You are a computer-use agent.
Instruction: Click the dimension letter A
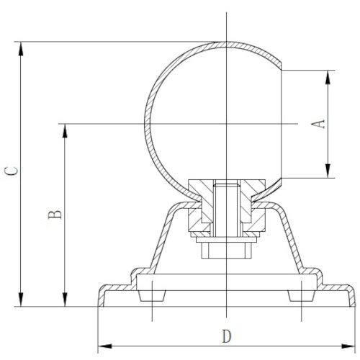pos(322,123)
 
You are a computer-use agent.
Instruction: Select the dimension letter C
pos(9,171)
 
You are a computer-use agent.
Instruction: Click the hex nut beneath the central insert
pos(225,249)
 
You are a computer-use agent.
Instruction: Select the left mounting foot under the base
pos(153,295)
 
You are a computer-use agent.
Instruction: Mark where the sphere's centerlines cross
pos(225,125)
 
